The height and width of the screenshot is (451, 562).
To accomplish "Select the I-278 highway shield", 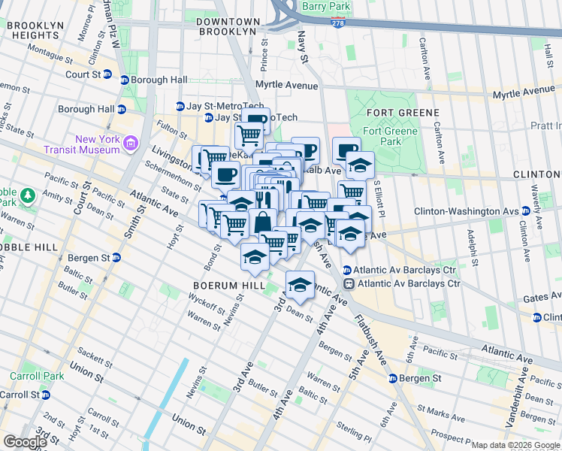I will (x=340, y=23).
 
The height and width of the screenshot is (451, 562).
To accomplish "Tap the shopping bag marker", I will (x=263, y=222).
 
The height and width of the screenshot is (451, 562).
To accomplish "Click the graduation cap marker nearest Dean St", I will (x=300, y=285).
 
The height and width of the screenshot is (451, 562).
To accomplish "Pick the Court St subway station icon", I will (x=107, y=74).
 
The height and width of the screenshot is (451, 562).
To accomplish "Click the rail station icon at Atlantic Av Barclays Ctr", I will (x=349, y=283).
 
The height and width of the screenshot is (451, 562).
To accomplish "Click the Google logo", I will (x=25, y=442).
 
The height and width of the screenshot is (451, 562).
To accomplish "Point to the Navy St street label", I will (x=304, y=52).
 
